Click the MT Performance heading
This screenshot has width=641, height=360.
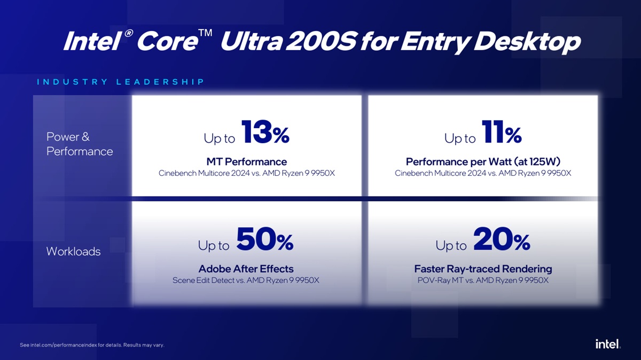click(246, 162)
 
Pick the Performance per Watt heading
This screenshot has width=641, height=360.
click(483, 162)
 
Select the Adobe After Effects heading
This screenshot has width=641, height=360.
click(246, 269)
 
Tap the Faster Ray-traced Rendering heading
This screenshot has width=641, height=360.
click(483, 269)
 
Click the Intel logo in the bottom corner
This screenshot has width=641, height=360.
click(608, 344)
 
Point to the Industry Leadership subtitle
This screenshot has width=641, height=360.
click(121, 82)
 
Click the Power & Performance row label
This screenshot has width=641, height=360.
click(80, 144)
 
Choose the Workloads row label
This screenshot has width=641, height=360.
click(73, 251)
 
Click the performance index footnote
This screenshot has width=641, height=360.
click(92, 345)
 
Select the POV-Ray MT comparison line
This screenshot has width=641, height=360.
click(483, 280)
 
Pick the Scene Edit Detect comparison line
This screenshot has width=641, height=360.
click(246, 280)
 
